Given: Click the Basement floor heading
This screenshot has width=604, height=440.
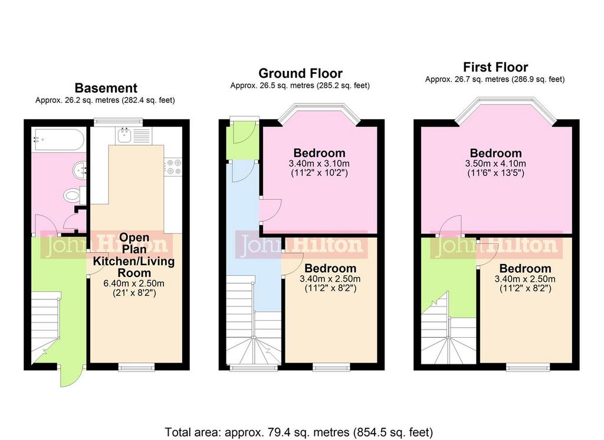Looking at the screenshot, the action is point(106,88).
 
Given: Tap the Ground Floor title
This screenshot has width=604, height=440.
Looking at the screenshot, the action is point(300,73).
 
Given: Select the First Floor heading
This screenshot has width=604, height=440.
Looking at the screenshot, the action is point(495,67).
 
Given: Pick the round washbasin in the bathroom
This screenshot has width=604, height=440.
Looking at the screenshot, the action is point(80,170).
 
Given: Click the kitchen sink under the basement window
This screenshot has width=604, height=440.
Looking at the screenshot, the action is point(134,136).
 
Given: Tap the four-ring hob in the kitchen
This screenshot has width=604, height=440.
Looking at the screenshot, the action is point(173,167).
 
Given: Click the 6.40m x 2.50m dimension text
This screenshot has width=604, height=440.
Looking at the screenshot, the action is point(134,283).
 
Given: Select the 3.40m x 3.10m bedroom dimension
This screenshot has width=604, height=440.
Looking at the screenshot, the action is point(319,163).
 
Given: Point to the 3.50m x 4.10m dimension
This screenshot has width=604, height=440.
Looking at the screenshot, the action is point(495,163).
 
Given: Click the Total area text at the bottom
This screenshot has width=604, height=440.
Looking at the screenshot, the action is point(299,432).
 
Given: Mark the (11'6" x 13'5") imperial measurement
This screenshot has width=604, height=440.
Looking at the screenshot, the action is point(495,173).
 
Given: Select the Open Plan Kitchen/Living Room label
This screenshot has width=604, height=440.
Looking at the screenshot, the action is point(134,255).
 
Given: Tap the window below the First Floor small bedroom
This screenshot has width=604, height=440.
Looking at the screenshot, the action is point(528,367).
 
